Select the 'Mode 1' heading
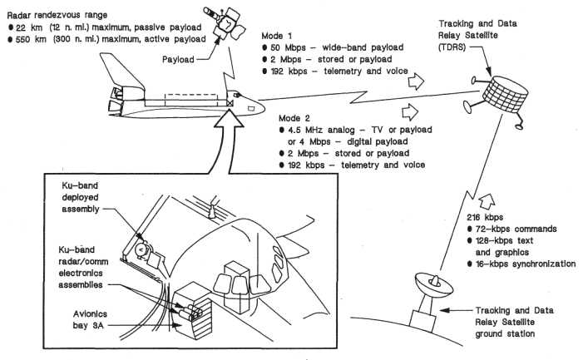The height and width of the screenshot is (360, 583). tap(279, 37)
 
